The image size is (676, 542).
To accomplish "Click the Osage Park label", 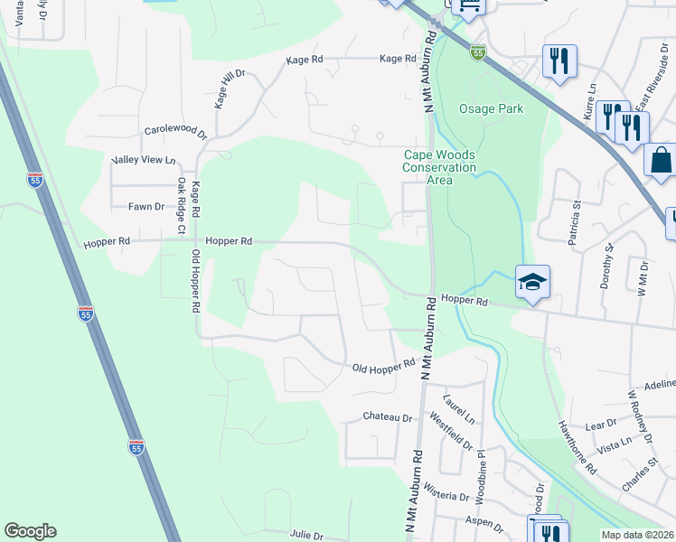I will point(491,109).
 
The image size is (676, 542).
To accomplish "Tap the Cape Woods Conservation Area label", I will point(439,167).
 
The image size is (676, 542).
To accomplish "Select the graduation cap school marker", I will point(533,283).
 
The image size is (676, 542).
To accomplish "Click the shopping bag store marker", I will point(662,160).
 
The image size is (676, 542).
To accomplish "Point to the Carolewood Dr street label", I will point(176,132).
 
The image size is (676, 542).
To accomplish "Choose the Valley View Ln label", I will point(143,160).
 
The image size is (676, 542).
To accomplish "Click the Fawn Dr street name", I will point(146,207).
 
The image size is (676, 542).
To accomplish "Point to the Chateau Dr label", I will point(387,417).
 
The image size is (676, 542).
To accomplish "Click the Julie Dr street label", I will point(306,536).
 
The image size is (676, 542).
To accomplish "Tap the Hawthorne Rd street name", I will point(577,449).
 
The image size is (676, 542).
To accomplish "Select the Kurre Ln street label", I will point(590,112).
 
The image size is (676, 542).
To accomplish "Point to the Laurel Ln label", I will point(458,408).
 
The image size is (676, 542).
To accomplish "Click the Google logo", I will point(30,531).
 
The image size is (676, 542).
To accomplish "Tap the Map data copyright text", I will point(636,535).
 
